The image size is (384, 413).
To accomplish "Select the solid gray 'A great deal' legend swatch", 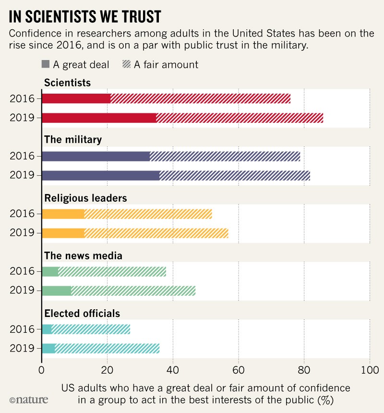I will [46, 64].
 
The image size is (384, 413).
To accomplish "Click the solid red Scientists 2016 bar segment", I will [76, 98].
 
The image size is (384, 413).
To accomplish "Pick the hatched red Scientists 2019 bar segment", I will [240, 118].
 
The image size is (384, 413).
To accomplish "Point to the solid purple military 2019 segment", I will [101, 175].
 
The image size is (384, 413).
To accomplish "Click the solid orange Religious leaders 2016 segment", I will [63, 214].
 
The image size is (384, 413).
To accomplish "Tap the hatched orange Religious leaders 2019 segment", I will [156, 233].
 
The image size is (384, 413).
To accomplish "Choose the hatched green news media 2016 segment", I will [112, 271].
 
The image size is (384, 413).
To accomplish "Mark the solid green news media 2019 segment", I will [57, 291].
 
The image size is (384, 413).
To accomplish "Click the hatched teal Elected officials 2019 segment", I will [107, 348].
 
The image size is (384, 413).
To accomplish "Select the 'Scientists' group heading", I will [67, 83].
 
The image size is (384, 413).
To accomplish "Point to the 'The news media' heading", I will [83, 256].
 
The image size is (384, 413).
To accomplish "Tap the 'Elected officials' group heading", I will [82, 314].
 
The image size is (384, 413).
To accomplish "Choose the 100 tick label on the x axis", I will [369, 370].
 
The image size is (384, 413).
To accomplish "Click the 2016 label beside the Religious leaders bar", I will [23, 214].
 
